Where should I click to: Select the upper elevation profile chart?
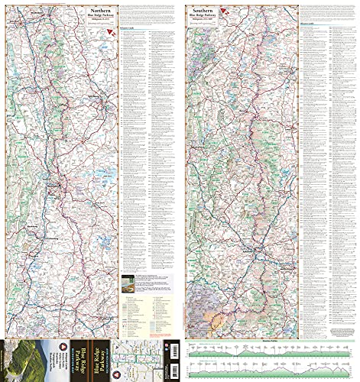[x=270, y=350]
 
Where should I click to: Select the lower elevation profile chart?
[x=270, y=369]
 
